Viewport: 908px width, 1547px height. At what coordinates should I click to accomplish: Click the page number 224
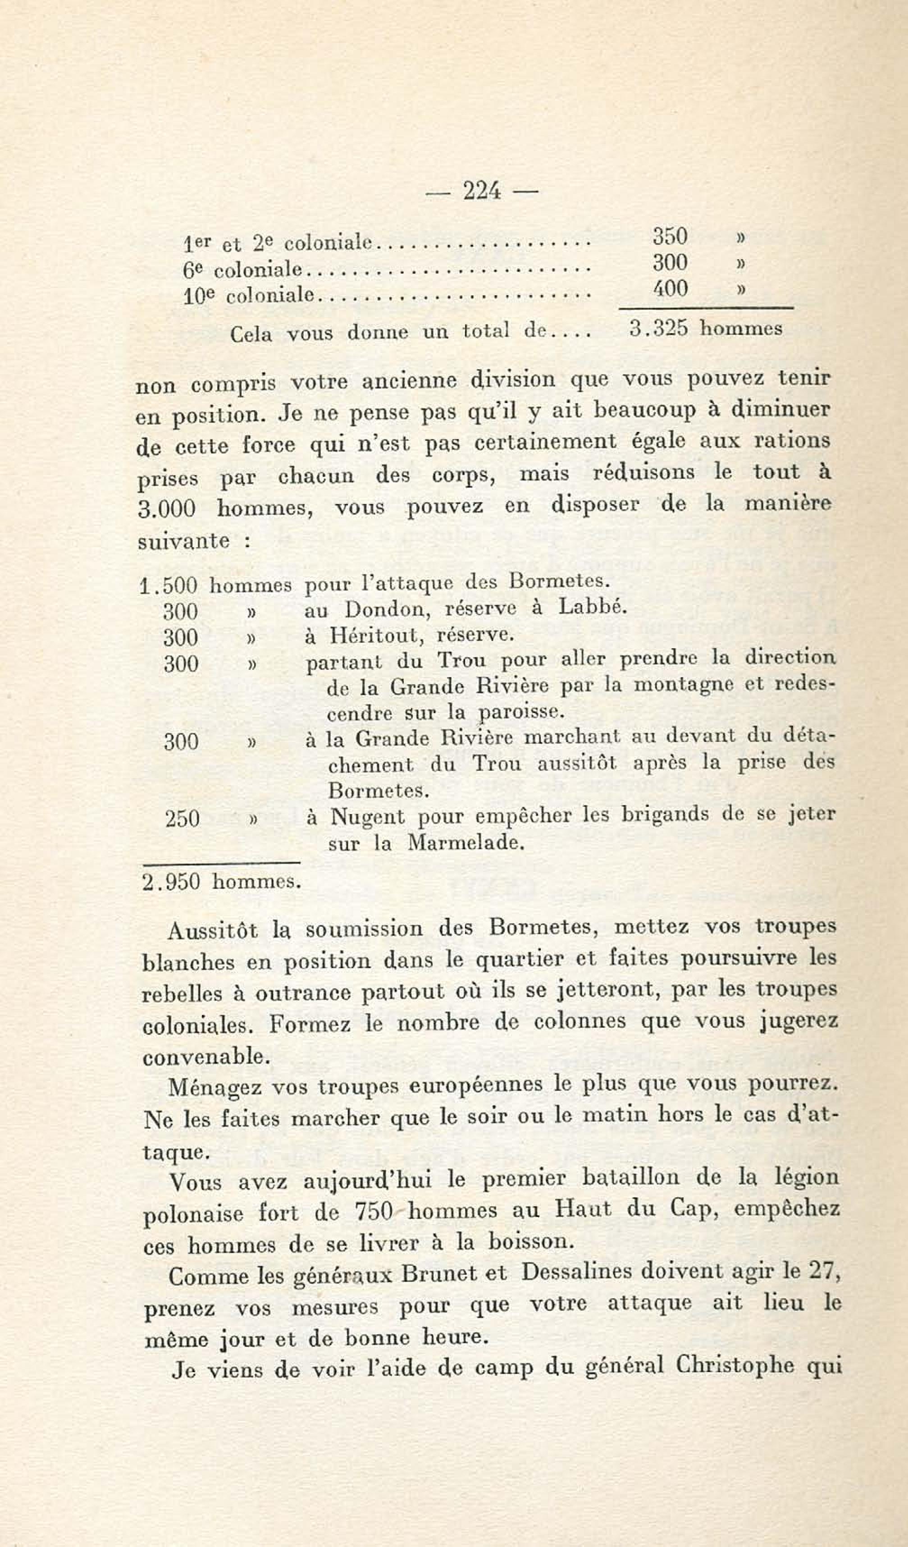(482, 192)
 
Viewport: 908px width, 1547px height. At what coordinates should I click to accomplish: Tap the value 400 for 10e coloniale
(670, 288)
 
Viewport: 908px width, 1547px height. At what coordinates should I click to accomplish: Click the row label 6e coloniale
(243, 269)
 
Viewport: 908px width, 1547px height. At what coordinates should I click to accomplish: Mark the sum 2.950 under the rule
(171, 882)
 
